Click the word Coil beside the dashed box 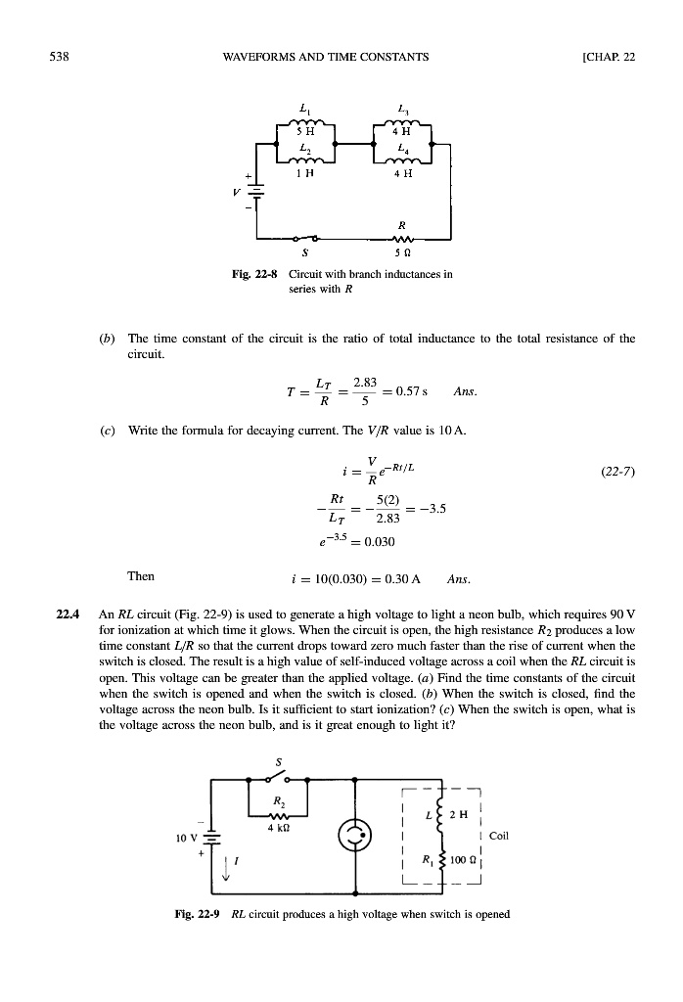tap(499, 837)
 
